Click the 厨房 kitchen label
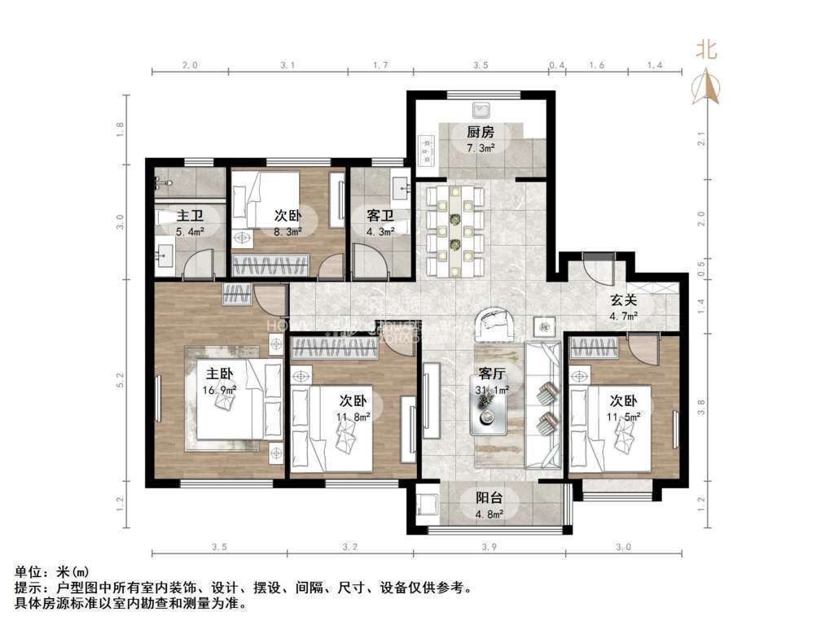point(481,133)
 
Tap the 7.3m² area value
point(481,148)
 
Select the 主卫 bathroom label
point(190,216)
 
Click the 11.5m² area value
point(624,416)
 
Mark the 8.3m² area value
point(288,232)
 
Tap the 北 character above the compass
point(706,50)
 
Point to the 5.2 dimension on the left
point(121,380)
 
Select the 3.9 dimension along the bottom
point(489,547)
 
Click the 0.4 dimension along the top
point(557,63)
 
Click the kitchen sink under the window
point(482,108)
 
